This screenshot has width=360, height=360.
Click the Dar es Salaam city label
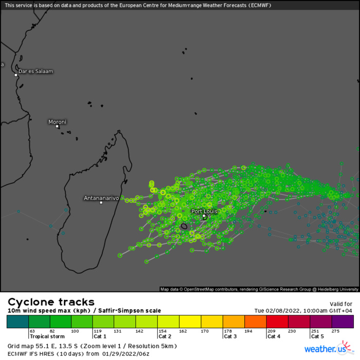point(35,71)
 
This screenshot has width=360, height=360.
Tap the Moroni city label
point(57,122)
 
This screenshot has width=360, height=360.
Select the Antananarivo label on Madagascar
point(101,197)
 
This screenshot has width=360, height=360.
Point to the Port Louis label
point(204,211)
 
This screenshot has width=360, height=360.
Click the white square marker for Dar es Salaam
point(16,75)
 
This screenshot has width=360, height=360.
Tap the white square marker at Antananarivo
point(101,203)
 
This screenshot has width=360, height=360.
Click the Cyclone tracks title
point(51,302)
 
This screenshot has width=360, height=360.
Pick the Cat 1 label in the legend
point(100,336)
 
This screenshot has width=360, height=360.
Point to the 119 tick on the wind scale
point(97,331)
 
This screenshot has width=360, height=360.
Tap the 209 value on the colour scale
point(271,331)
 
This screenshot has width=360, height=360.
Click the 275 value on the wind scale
point(336,331)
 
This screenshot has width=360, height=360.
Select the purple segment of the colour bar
point(343,321)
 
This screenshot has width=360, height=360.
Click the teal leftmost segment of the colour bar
point(17,321)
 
